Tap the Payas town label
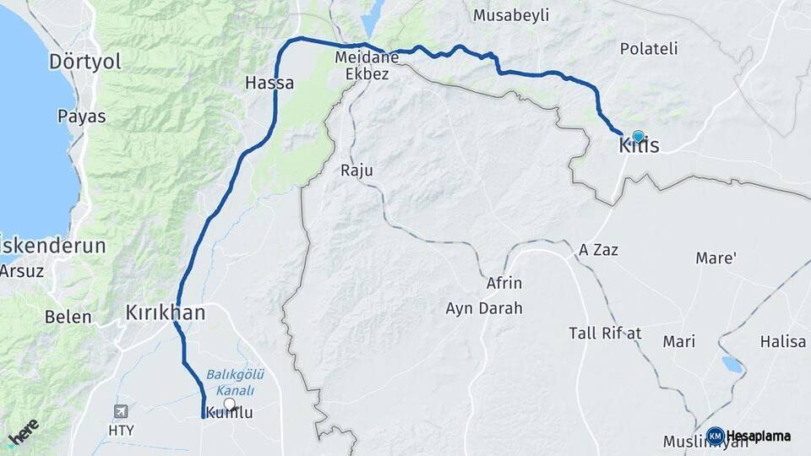tap(81, 117)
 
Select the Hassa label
tap(269, 83)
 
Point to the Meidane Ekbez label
tap(366, 65)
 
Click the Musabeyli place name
tap(511, 15)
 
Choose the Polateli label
tap(649, 49)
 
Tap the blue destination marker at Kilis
tap(638, 136)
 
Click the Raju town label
tap(357, 170)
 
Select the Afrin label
tap(504, 282)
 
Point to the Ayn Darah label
tap(484, 308)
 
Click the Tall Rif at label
tap(605, 333)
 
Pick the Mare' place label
tap(716, 258)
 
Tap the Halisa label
tap(782, 342)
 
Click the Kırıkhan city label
tap(165, 312)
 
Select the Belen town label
tap(68, 317)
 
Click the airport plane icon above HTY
tap(121, 411)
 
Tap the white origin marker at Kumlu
tap(229, 404)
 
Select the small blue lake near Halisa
tap(732, 365)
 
